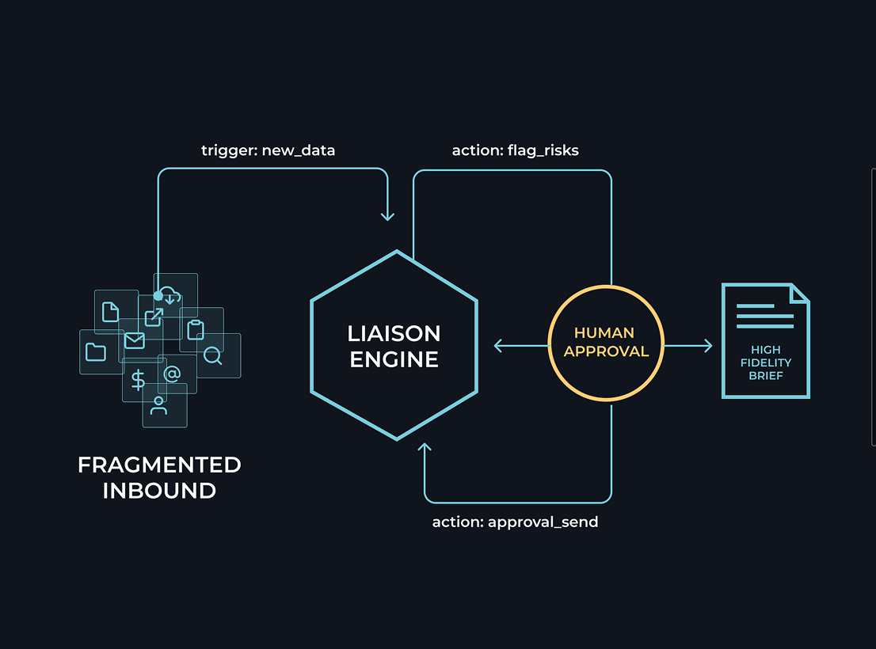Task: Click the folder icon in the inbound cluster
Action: click(x=96, y=352)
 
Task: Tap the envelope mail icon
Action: click(x=135, y=341)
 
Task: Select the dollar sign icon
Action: click(x=139, y=381)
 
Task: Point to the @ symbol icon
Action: click(x=171, y=374)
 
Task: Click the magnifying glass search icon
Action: click(x=212, y=356)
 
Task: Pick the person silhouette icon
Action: click(x=159, y=405)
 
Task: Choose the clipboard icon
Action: click(x=196, y=329)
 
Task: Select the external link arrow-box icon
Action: click(x=153, y=317)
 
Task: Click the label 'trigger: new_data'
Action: click(x=268, y=150)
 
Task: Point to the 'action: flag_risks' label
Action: click(x=515, y=150)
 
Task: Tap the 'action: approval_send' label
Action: click(x=515, y=522)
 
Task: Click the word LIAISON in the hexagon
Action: click(x=394, y=333)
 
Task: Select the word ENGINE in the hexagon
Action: click(x=394, y=360)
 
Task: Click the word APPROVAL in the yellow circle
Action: click(x=606, y=351)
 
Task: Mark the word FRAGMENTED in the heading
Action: click(x=159, y=465)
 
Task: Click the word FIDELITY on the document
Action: click(x=766, y=362)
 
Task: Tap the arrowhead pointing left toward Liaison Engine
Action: click(x=498, y=345)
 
